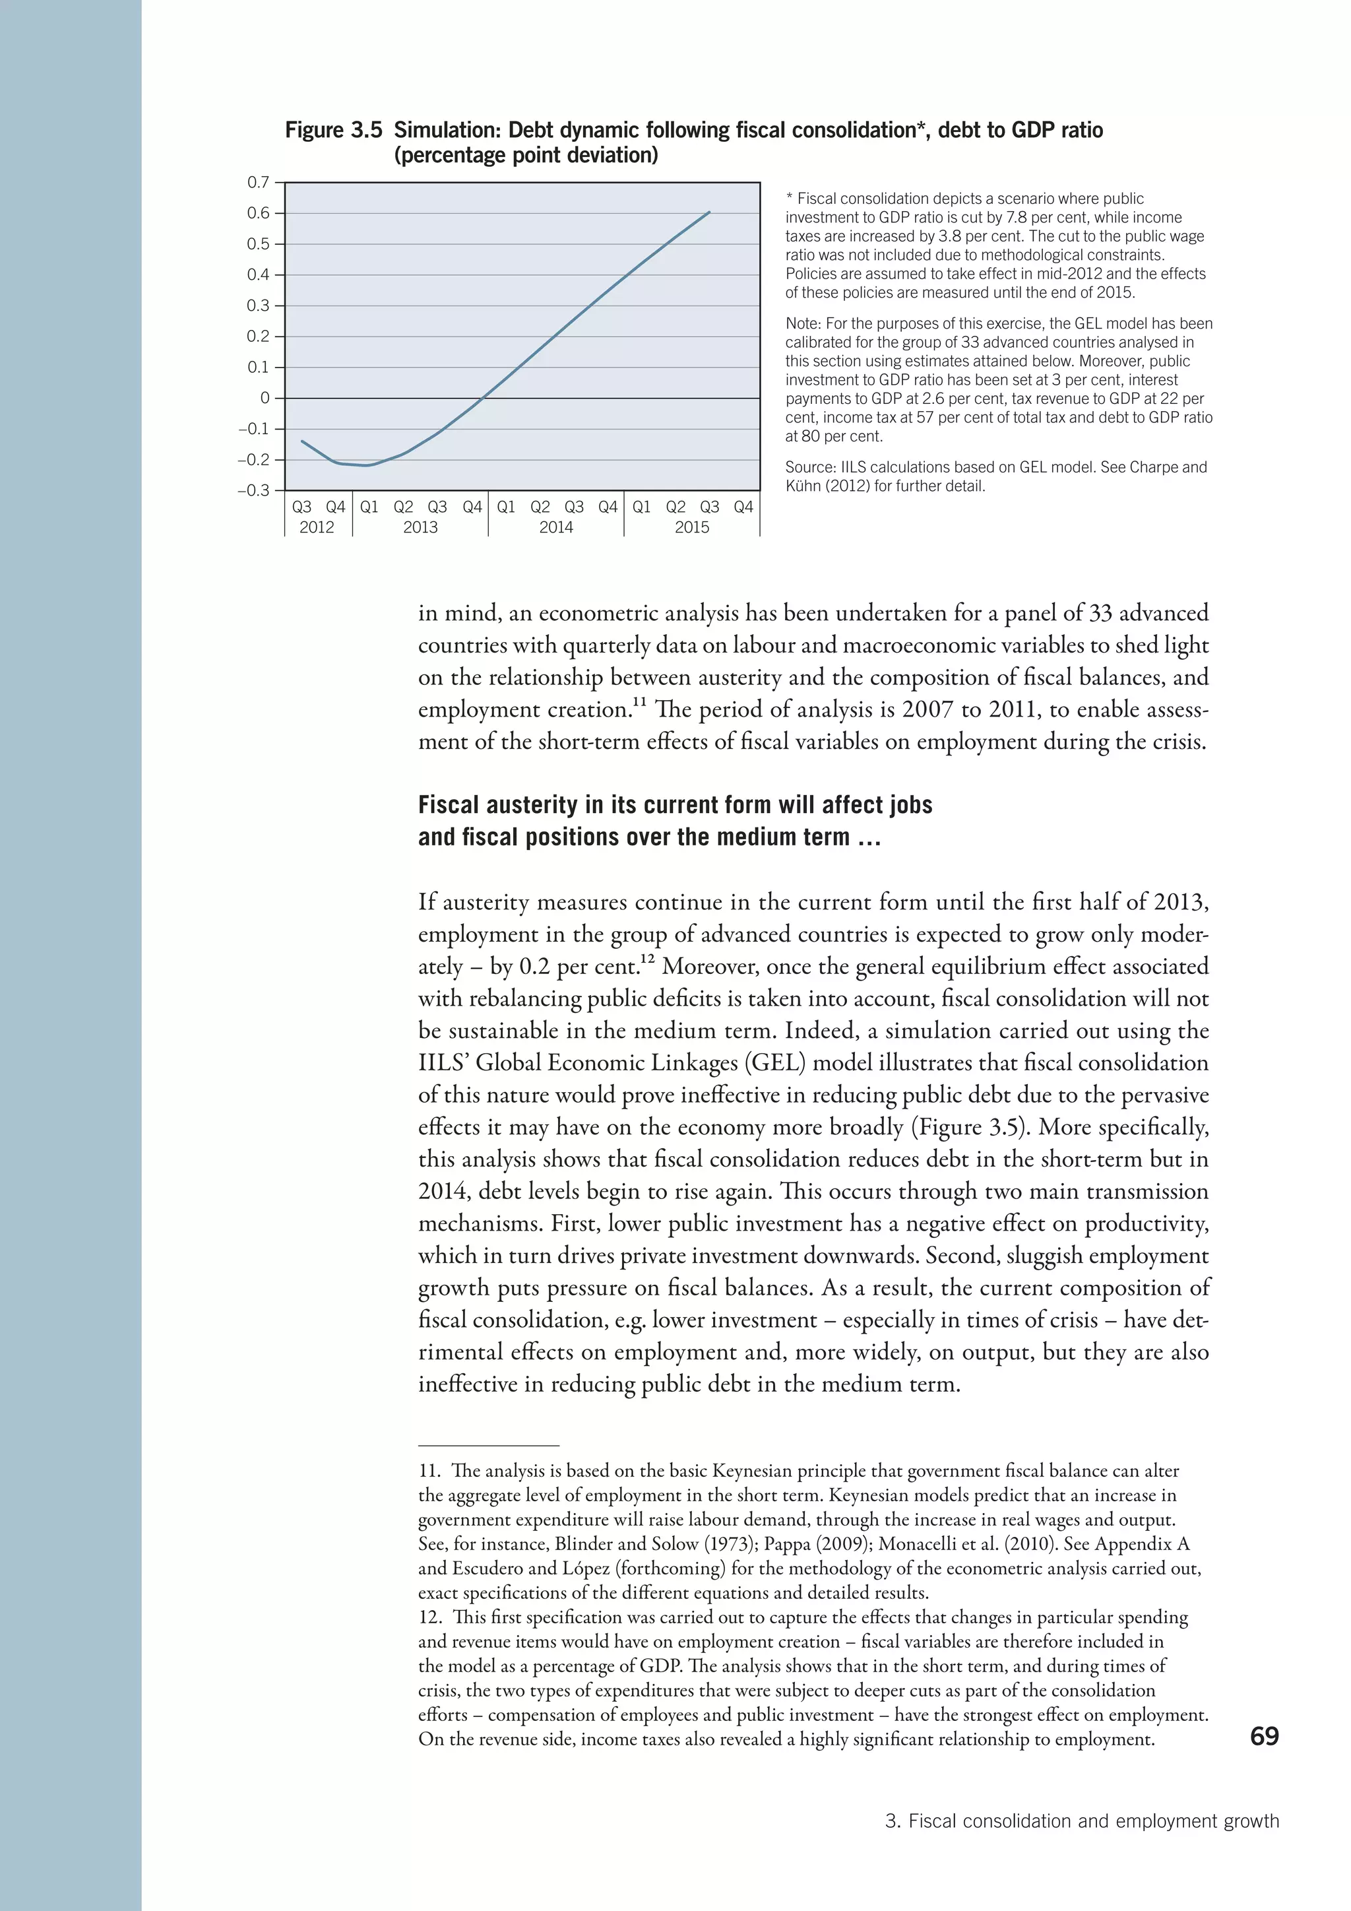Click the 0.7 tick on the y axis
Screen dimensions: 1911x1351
click(259, 182)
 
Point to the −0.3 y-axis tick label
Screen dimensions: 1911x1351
click(254, 491)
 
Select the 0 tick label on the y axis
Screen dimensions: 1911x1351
click(265, 399)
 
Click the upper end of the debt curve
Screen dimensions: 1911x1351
click(708, 212)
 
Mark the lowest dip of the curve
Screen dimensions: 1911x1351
click(367, 465)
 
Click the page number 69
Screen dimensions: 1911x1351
click(1264, 1736)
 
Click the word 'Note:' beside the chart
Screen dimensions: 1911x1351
click(803, 324)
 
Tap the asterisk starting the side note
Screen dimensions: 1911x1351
click(790, 199)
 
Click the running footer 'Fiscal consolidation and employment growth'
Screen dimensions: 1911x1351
click(1093, 1821)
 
